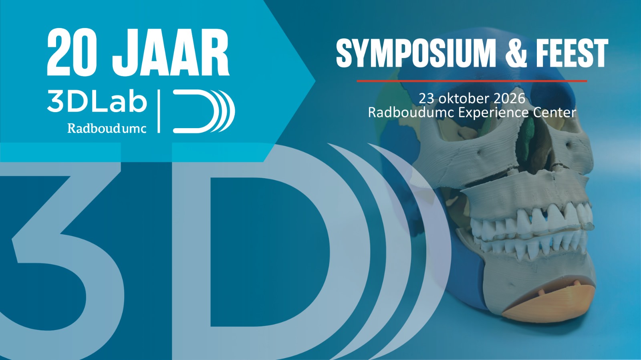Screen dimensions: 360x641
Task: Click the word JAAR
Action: click(170, 52)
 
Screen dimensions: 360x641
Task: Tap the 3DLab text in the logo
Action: click(97, 101)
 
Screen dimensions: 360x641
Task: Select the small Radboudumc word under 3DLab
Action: click(107, 128)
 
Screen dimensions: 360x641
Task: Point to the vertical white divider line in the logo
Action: click(159, 111)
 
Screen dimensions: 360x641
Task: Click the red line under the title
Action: click(472, 81)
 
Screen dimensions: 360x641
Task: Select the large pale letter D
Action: click(256, 248)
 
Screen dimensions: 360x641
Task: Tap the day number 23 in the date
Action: click(427, 99)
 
